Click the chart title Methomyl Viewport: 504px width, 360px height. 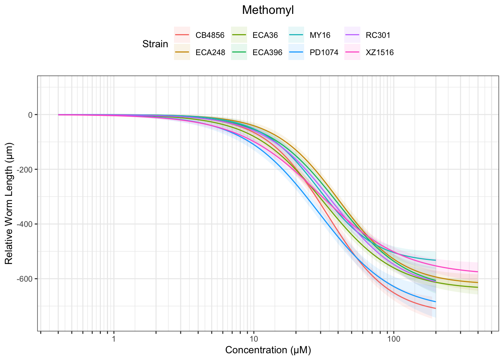coord(268,10)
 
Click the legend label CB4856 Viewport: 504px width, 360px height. coord(210,36)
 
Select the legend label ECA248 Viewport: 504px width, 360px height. coord(210,52)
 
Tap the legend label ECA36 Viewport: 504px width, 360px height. coord(265,36)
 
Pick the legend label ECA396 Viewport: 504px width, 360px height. coord(267,52)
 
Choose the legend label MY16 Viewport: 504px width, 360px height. coord(320,36)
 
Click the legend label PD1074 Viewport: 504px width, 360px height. coord(324,52)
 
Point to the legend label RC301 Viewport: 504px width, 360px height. coord(378,36)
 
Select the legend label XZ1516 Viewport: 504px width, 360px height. coord(380,52)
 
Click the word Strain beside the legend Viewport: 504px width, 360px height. coord(155,44)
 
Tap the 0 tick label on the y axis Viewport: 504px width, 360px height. coord(30,115)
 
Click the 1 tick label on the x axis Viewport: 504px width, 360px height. coord(114,339)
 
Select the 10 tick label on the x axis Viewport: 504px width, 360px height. coord(253,339)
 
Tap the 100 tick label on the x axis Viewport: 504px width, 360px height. coord(393,339)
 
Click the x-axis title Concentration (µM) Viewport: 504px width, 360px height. coord(268,350)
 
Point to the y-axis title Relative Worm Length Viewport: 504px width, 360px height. coord(9,203)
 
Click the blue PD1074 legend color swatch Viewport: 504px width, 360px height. coord(296,52)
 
